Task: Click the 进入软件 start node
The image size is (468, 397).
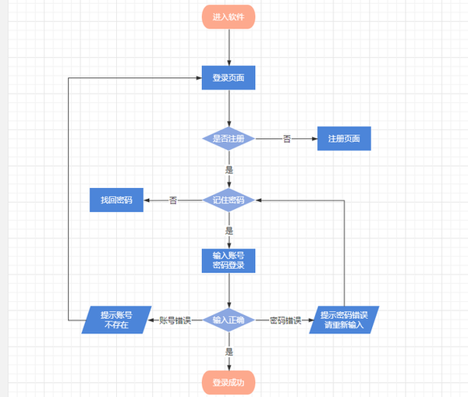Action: (229, 16)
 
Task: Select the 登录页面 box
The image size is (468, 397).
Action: (229, 78)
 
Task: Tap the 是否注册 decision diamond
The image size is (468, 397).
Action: (229, 139)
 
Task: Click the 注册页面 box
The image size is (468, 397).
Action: (343, 139)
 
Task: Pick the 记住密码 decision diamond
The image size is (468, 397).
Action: (229, 200)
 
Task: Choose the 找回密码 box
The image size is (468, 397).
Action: (116, 200)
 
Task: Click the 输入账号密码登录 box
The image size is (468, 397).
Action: (229, 261)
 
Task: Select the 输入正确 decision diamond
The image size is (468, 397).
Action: (229, 320)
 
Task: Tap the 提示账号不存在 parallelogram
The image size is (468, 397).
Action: (116, 320)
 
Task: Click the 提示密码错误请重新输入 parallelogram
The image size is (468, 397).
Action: (344, 320)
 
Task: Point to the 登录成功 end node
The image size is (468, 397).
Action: (229, 382)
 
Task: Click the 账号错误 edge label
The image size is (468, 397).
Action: (175, 320)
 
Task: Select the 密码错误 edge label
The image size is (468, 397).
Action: (285, 320)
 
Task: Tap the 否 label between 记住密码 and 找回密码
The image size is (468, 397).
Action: (173, 200)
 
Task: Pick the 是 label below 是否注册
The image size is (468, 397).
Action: (229, 169)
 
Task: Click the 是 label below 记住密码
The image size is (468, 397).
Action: (229, 231)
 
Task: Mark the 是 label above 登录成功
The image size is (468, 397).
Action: (229, 352)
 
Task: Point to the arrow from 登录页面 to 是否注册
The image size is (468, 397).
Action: (229, 109)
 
